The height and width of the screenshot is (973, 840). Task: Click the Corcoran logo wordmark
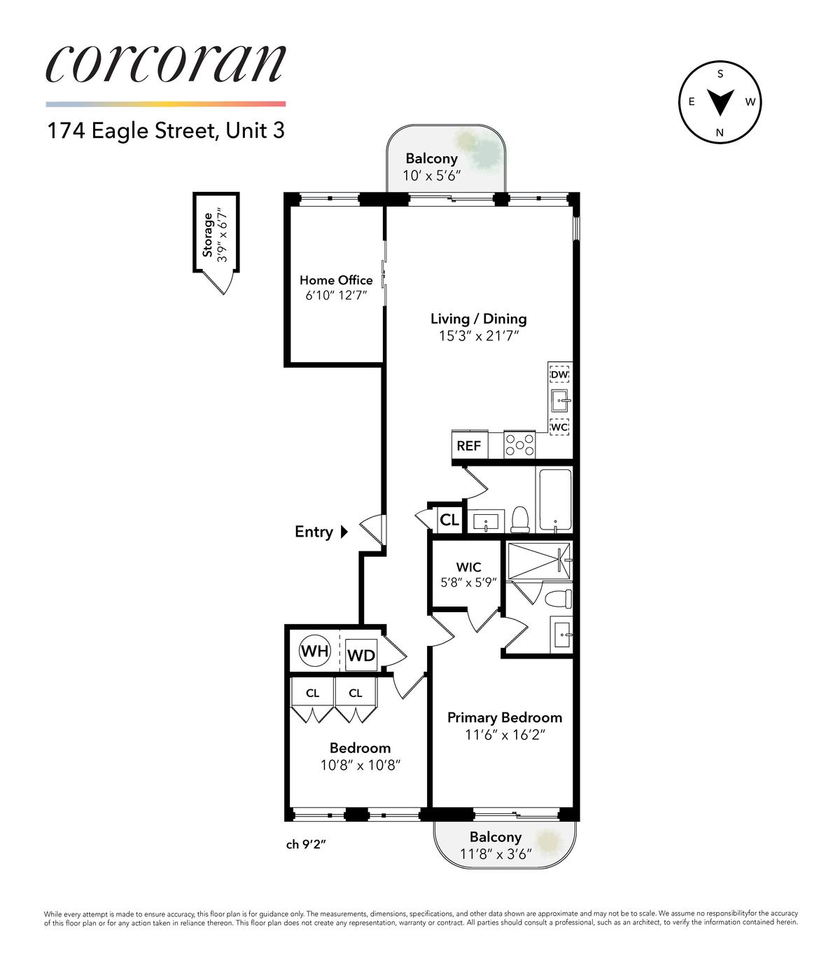tap(166, 64)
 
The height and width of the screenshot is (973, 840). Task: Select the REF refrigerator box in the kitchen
tap(470, 445)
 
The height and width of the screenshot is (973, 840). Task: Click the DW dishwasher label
tap(560, 375)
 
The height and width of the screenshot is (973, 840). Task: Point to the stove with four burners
tap(519, 445)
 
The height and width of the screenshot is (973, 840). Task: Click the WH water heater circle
tap(314, 651)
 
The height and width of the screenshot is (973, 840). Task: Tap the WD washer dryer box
tap(361, 655)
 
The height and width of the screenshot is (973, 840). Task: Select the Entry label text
tap(314, 532)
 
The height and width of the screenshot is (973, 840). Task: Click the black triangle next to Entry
tap(344, 532)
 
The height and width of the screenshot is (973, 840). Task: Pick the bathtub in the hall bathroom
tap(556, 499)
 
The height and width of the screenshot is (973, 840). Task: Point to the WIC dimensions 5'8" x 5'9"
tap(468, 582)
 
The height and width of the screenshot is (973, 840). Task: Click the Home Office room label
tap(336, 280)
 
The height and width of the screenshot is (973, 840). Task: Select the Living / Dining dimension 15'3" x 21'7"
tap(478, 336)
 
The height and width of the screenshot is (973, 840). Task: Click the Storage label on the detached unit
tap(207, 235)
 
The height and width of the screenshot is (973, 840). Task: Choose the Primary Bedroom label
tap(505, 717)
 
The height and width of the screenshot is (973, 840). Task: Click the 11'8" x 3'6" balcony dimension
tap(496, 853)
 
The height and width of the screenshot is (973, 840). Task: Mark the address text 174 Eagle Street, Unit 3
tap(166, 130)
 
